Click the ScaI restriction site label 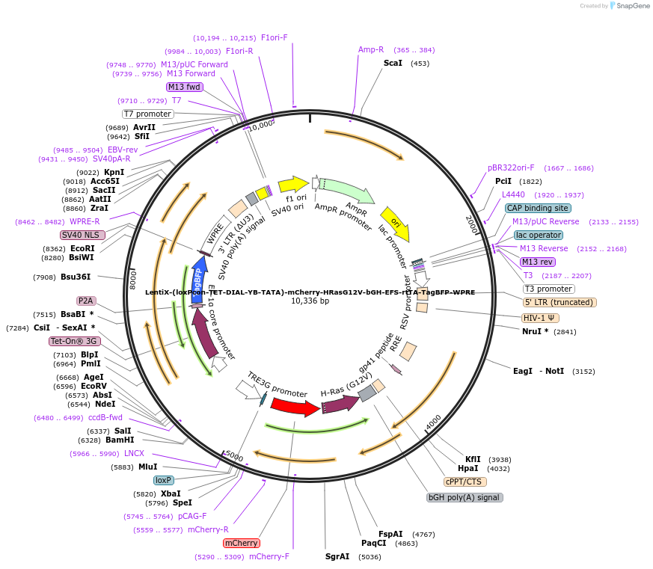click(x=393, y=64)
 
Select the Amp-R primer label click(x=370, y=50)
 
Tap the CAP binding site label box click(x=538, y=208)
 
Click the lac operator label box click(x=539, y=235)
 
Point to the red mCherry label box click(x=241, y=543)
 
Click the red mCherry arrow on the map click(x=295, y=407)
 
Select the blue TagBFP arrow click(x=198, y=278)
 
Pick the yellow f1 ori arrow click(x=292, y=184)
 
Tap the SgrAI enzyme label click(x=337, y=556)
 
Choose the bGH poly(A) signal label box click(x=464, y=497)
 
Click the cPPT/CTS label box click(x=465, y=482)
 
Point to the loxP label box click(x=163, y=480)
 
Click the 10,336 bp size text click(x=310, y=301)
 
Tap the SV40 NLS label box click(x=84, y=235)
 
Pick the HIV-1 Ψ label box click(x=541, y=318)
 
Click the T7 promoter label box click(x=148, y=114)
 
